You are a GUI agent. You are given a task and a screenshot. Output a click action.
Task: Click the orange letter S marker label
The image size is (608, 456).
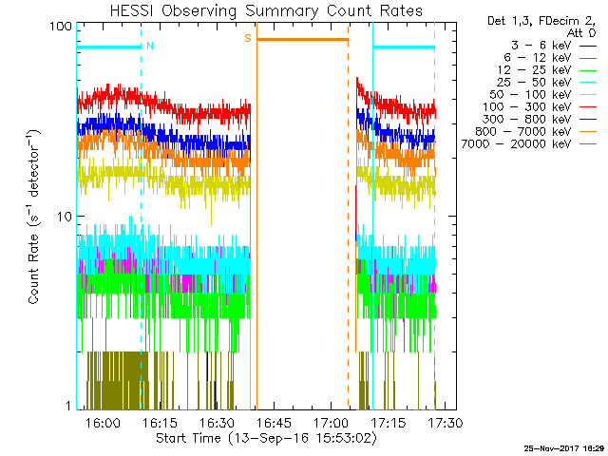pos(248,38)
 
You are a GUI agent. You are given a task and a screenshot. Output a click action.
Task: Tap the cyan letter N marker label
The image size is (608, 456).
pos(150,46)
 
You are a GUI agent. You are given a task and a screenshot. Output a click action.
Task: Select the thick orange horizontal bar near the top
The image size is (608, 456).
pos(302,39)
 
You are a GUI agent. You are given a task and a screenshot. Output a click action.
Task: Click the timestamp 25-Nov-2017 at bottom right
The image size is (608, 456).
pos(560,447)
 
